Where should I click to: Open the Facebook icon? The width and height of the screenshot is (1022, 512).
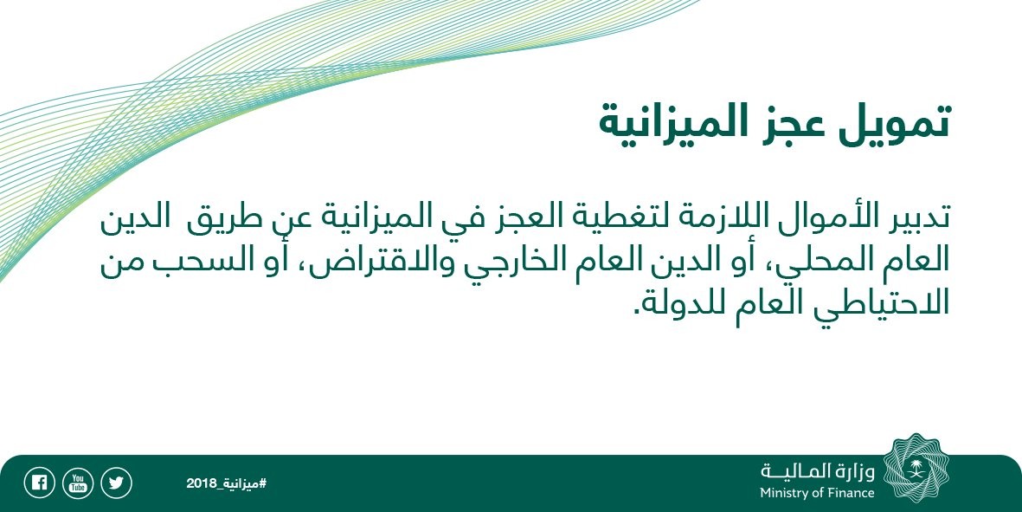point(39,483)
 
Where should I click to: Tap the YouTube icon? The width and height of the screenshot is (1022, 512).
point(78,483)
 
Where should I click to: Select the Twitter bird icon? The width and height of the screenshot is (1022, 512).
point(116,483)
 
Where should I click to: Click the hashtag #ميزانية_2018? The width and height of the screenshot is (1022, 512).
point(226,483)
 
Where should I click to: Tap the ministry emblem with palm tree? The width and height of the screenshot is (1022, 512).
point(916,469)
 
